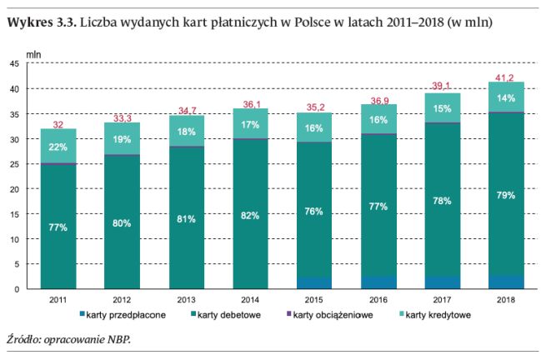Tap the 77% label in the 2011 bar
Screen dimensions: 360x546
click(58, 226)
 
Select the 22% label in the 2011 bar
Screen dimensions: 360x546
click(58, 147)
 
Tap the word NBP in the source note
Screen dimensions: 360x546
click(120, 340)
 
